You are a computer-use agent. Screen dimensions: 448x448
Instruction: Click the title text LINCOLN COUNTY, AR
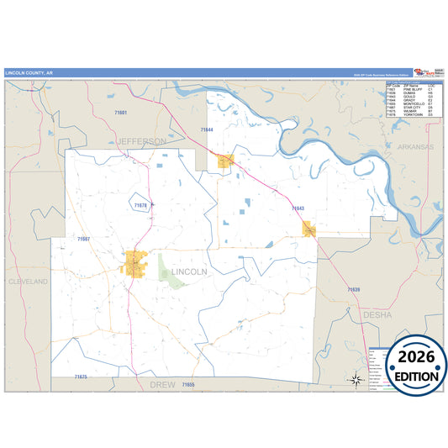click(29, 73)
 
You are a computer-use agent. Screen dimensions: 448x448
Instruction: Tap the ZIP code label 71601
click(121, 112)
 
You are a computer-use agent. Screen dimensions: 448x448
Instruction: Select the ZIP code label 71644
click(207, 129)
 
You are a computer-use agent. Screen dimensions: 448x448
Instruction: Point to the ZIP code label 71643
click(298, 208)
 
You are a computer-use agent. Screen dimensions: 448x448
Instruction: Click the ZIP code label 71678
click(141, 204)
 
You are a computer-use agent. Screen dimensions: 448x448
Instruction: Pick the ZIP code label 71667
click(83, 240)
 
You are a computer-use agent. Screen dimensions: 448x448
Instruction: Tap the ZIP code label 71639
click(354, 289)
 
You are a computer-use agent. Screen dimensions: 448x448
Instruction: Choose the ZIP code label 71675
click(81, 377)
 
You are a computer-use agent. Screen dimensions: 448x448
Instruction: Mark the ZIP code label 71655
click(187, 384)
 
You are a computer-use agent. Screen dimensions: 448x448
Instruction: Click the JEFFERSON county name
click(142, 142)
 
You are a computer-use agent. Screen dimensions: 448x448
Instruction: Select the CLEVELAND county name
click(29, 282)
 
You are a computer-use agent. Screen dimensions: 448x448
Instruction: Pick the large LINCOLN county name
click(189, 272)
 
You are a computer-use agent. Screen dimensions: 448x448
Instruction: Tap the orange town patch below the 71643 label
click(308, 228)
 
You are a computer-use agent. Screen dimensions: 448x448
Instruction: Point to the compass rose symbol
click(356, 380)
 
